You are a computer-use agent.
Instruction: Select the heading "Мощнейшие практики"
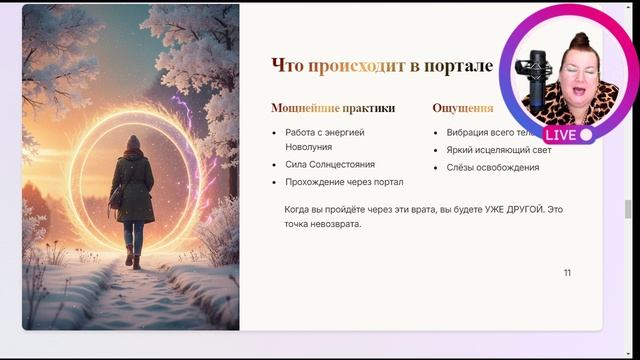pos(332,108)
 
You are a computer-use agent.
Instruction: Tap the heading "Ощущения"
pos(463,108)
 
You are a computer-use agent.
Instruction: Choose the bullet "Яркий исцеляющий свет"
pos(493,149)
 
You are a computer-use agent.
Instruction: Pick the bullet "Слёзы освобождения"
pos(492,167)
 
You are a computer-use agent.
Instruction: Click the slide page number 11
pos(567,273)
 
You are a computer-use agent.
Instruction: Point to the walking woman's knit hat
pos(133,142)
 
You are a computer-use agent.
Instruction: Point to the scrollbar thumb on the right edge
pos(628,208)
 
